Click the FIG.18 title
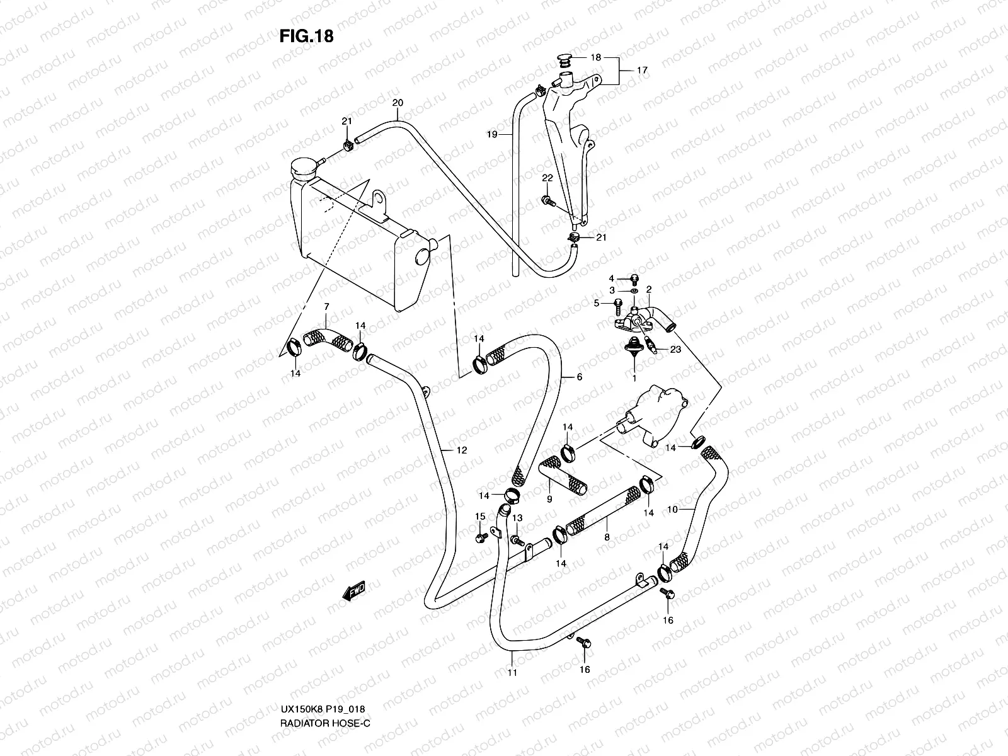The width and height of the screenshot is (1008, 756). pyautogui.click(x=306, y=37)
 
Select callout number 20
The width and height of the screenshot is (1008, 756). pyautogui.click(x=397, y=103)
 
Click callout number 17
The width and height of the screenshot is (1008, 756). pyautogui.click(x=641, y=71)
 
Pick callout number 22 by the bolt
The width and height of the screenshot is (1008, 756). pyautogui.click(x=547, y=178)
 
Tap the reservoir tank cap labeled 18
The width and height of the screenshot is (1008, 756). pyautogui.click(x=564, y=60)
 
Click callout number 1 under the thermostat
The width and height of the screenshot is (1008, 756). pyautogui.click(x=634, y=379)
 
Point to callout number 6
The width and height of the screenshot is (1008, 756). pyautogui.click(x=578, y=377)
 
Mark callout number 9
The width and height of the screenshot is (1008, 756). pyautogui.click(x=549, y=499)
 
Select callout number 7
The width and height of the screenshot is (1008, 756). pyautogui.click(x=326, y=306)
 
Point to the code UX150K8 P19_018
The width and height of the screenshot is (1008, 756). pyautogui.click(x=322, y=726)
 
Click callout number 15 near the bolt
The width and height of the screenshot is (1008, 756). pyautogui.click(x=480, y=517)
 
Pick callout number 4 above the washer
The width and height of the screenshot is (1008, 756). pyautogui.click(x=610, y=278)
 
